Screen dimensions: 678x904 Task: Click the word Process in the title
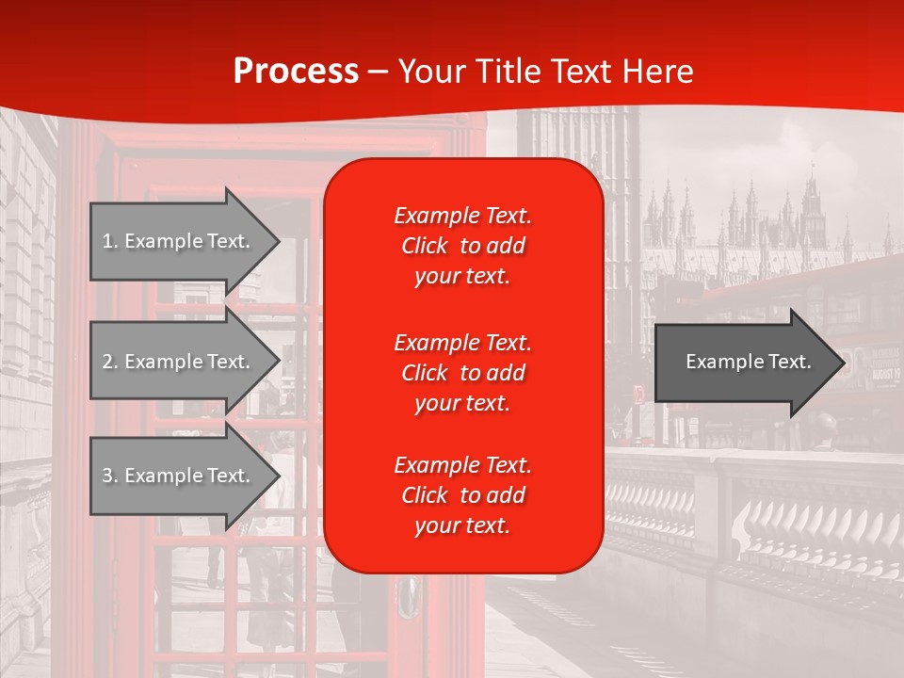coord(296,72)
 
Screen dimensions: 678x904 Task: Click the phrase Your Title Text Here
coord(545,72)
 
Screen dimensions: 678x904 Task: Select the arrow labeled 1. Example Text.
coord(179,241)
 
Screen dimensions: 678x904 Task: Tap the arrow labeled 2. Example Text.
coord(179,362)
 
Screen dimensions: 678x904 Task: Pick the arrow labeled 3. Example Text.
coord(179,476)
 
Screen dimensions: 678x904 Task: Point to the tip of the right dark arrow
coord(843,363)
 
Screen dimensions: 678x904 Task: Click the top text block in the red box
coord(462,246)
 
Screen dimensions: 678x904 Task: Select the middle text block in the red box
coord(462,373)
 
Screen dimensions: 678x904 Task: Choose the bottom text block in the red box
coord(462,495)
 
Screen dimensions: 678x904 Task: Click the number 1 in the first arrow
coord(107,241)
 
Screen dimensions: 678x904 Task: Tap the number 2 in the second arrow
coord(107,362)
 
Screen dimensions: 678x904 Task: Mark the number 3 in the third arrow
coord(107,476)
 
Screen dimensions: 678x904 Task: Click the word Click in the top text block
coord(424,246)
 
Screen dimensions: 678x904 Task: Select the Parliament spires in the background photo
coord(753,212)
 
